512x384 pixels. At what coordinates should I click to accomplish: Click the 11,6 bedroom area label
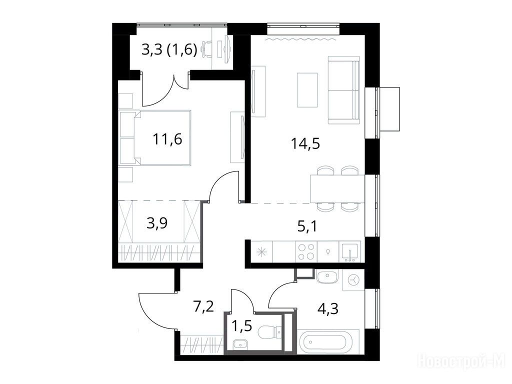[x=167, y=139]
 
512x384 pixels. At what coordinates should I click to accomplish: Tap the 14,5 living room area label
[x=305, y=143]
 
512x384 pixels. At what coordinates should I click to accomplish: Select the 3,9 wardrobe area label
[x=157, y=223]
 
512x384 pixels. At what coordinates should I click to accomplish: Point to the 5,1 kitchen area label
[x=307, y=226]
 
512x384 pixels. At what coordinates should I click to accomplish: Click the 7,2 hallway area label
[x=204, y=306]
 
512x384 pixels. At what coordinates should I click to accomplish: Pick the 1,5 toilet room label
[x=242, y=325]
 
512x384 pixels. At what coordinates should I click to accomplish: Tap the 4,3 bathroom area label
[x=327, y=308]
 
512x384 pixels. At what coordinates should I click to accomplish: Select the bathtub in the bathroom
[x=328, y=341]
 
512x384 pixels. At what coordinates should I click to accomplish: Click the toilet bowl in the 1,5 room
[x=269, y=332]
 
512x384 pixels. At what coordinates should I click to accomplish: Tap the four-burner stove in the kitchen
[x=306, y=252]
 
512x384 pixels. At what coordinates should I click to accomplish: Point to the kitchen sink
[x=349, y=252]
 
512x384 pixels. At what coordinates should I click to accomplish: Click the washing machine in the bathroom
[x=353, y=280]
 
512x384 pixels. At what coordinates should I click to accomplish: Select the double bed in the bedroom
[x=155, y=137]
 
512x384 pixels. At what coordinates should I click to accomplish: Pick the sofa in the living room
[x=344, y=90]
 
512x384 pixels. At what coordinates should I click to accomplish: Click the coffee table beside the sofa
[x=307, y=90]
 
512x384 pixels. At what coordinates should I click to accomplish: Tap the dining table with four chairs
[x=337, y=189]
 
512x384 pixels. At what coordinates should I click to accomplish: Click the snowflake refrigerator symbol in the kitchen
[x=261, y=252]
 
